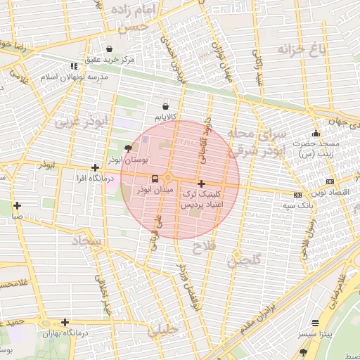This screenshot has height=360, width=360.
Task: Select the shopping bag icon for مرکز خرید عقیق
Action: coord(109,49)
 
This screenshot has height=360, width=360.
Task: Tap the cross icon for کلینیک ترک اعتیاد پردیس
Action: coord(201,183)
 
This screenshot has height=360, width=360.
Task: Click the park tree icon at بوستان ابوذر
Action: coord(127,148)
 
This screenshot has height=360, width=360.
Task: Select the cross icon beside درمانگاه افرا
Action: coord(95,168)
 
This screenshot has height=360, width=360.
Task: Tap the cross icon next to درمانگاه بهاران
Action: coord(65,323)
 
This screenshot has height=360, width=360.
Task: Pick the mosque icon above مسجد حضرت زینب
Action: coord(316,134)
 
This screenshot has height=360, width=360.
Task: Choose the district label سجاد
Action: coord(86,241)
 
